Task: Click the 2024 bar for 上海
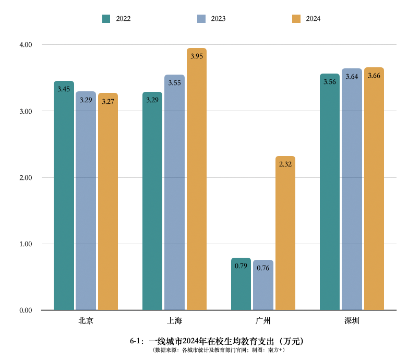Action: click(197, 180)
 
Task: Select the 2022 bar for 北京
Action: click(64, 196)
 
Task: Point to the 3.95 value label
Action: click(197, 56)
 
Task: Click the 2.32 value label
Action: click(285, 164)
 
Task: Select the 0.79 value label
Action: click(241, 266)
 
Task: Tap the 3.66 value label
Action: click(374, 76)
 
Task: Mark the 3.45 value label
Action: click(64, 89)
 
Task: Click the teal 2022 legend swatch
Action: click(106, 19)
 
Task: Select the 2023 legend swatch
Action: click(201, 19)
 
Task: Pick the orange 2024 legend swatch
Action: click(296, 19)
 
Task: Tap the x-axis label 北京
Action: click(86, 320)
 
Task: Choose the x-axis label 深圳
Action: click(352, 320)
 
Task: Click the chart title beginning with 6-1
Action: click(217, 341)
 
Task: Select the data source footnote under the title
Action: click(218, 350)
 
